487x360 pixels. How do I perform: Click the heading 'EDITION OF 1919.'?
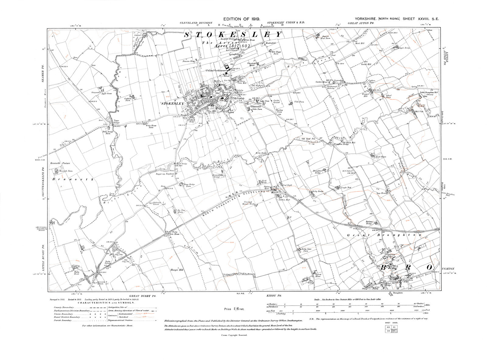click(242, 19)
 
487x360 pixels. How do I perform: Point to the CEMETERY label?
click(246, 107)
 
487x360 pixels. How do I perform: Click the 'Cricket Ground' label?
click(276, 101)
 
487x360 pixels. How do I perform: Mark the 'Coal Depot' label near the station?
click(288, 184)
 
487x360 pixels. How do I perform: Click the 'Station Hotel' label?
click(267, 187)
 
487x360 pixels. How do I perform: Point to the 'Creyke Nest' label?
click(346, 187)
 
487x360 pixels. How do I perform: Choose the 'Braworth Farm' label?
click(66, 171)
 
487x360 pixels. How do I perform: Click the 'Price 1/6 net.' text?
click(232, 309)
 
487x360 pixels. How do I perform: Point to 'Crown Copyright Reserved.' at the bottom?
click(234, 335)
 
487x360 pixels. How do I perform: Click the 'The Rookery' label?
click(257, 86)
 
